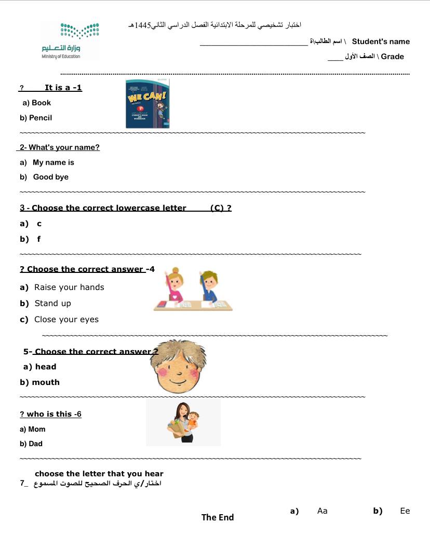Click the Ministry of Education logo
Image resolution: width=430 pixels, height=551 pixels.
[70, 40]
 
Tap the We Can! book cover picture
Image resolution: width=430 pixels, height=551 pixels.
[147, 104]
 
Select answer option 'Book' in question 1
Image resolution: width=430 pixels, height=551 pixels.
[41, 103]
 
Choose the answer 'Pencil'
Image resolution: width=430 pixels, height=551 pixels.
[41, 118]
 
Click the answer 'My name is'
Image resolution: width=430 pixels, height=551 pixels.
[53, 162]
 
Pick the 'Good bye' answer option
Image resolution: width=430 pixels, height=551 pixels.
[50, 177]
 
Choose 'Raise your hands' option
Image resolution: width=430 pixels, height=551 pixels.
[69, 287]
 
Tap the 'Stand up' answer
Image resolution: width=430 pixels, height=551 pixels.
[52, 304]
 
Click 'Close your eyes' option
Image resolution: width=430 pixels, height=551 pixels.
[66, 320]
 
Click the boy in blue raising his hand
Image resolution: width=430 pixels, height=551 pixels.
[209, 287]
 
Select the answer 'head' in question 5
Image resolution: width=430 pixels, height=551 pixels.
[45, 367]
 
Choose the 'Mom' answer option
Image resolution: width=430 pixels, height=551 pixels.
[36, 429]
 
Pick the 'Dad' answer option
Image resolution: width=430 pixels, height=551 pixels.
[35, 444]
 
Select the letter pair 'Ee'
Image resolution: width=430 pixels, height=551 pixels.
[405, 511]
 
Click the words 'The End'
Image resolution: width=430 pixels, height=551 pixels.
[218, 517]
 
